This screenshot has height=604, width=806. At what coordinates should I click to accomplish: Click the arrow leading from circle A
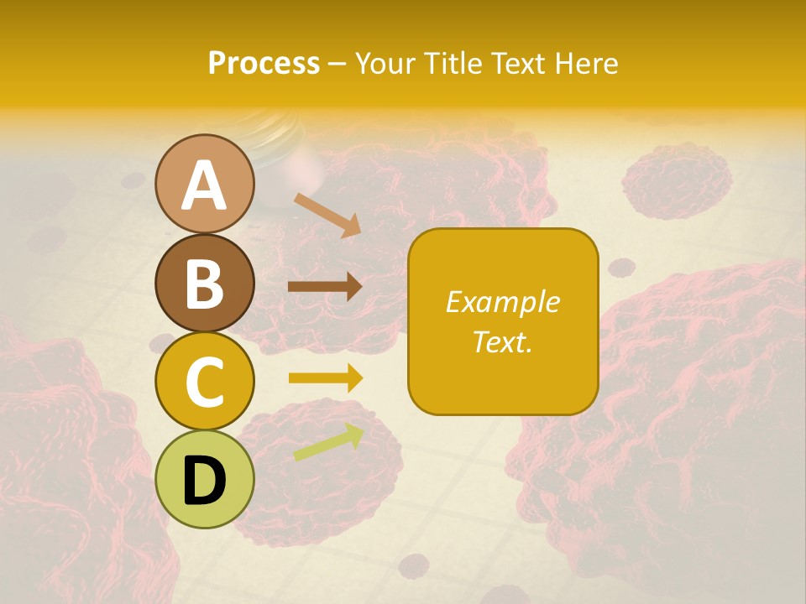pyautogui.click(x=327, y=214)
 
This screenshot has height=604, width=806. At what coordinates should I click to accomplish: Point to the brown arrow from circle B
pyautogui.click(x=325, y=286)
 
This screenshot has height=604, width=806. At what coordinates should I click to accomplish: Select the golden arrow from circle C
pyautogui.click(x=325, y=378)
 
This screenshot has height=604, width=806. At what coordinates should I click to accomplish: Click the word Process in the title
pyautogui.click(x=264, y=63)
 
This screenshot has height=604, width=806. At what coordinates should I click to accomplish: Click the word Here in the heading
pyautogui.click(x=587, y=63)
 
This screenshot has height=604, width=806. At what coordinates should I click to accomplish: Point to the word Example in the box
pyautogui.click(x=503, y=302)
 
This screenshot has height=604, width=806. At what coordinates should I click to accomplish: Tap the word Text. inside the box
pyautogui.click(x=503, y=341)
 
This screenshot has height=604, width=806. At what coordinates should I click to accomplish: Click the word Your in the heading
pyautogui.click(x=385, y=63)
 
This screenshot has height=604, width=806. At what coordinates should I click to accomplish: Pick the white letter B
pyautogui.click(x=204, y=284)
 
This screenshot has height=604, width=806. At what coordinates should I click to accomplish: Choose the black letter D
pyautogui.click(x=205, y=481)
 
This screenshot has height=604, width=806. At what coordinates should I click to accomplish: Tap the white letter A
pyautogui.click(x=204, y=185)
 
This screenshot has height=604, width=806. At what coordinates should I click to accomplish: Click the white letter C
pyautogui.click(x=204, y=382)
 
